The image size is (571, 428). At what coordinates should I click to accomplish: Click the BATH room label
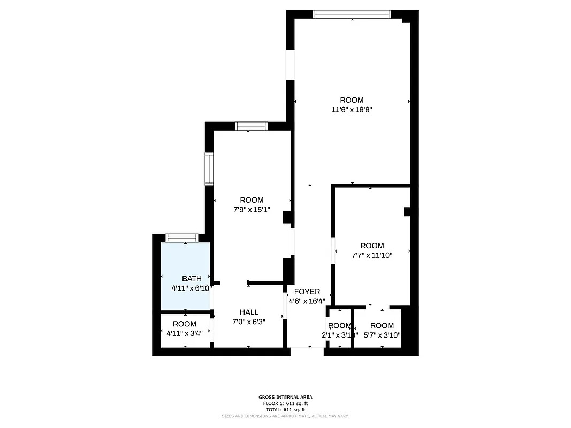click(192, 278)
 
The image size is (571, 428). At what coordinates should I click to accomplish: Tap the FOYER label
click(307, 292)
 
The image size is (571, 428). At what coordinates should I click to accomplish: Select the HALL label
click(249, 312)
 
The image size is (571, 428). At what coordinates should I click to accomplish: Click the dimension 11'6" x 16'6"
click(352, 110)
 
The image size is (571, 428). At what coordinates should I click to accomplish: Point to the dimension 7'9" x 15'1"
click(251, 210)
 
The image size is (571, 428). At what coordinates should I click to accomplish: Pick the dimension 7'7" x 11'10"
click(372, 255)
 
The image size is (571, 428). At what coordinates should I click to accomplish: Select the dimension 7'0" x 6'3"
click(249, 322)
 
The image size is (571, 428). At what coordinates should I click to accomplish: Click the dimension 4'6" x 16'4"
click(307, 301)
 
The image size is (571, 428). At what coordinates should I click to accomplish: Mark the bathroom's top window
click(182, 238)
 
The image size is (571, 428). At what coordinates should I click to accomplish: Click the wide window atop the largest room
click(352, 14)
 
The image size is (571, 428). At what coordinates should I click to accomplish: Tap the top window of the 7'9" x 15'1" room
click(251, 126)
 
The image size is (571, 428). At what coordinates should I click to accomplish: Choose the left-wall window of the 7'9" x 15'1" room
click(209, 169)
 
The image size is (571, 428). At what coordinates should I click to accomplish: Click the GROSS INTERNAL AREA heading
click(285, 397)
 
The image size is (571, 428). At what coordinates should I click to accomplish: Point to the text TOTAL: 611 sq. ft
click(285, 409)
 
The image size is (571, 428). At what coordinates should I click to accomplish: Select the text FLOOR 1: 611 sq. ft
click(285, 403)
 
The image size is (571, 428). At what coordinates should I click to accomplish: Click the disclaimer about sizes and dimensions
click(285, 416)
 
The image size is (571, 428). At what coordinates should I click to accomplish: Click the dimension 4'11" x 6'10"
click(192, 288)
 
